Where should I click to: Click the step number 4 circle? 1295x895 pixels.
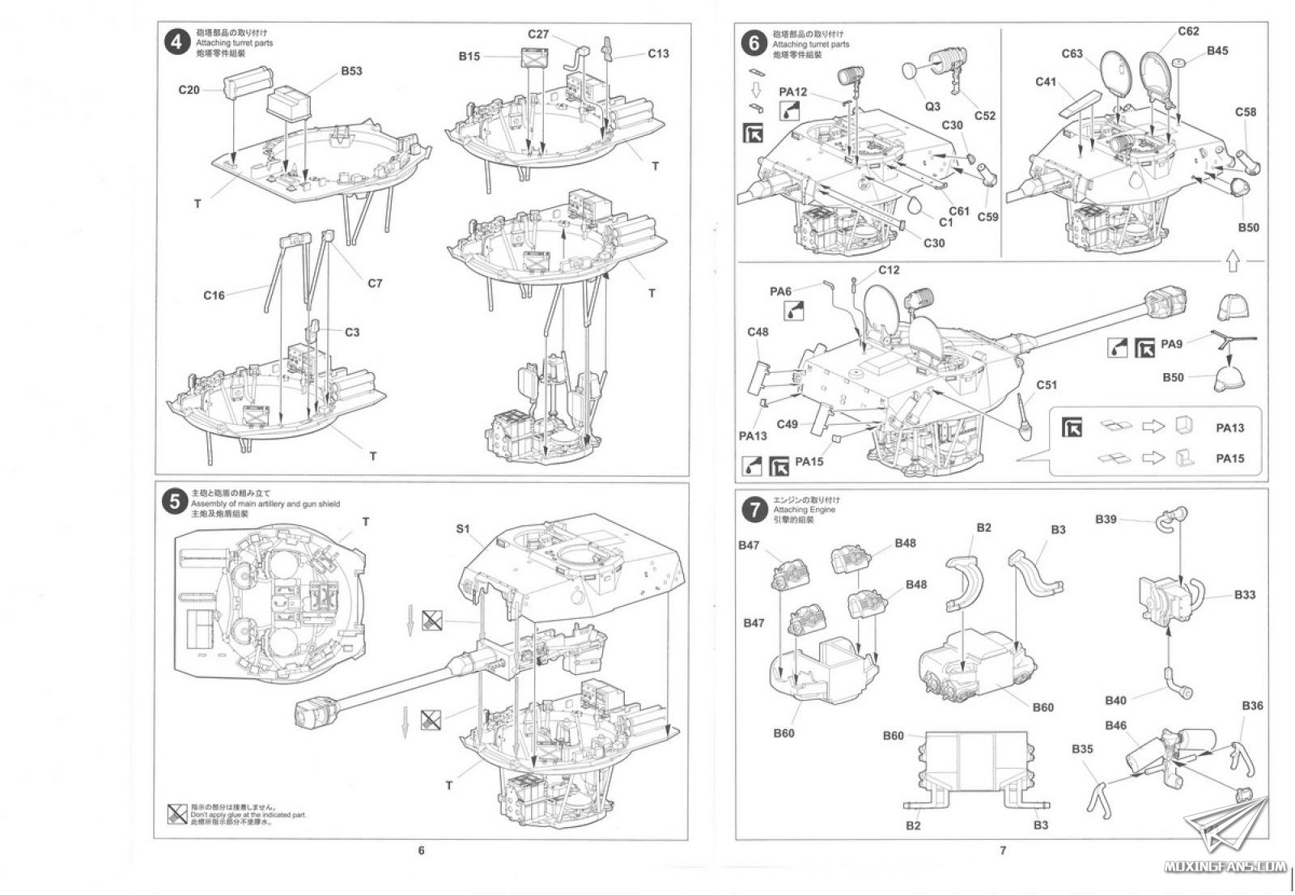pyautogui.click(x=176, y=42)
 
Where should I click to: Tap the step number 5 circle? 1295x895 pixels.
pyautogui.click(x=175, y=503)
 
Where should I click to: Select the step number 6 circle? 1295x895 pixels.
pyautogui.click(x=754, y=43)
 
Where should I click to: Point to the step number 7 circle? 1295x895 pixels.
pyautogui.click(x=755, y=509)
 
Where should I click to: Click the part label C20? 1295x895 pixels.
pyautogui.click(x=189, y=89)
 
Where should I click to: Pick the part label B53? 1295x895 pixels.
pyautogui.click(x=351, y=70)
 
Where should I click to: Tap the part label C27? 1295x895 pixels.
pyautogui.click(x=538, y=34)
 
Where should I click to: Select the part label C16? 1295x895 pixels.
pyautogui.click(x=214, y=295)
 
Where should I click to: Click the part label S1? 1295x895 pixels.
pyautogui.click(x=463, y=528)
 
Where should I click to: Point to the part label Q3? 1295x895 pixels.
pyautogui.click(x=932, y=106)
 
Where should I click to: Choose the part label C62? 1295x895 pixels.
pyautogui.click(x=1188, y=32)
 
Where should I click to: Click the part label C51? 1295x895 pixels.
pyautogui.click(x=1047, y=384)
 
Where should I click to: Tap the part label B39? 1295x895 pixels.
pyautogui.click(x=1106, y=519)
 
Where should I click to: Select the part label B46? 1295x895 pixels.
pyautogui.click(x=1115, y=725)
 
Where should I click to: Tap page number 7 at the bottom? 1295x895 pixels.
pyautogui.click(x=1002, y=850)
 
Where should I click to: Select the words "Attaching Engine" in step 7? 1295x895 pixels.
pyautogui.click(x=805, y=510)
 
